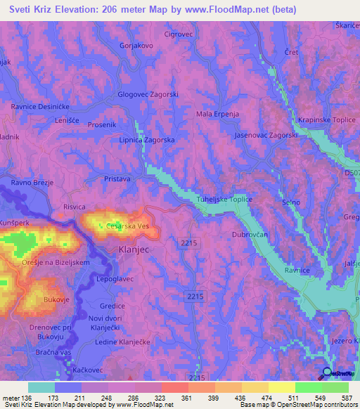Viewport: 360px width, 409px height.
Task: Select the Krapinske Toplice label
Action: point(326,120)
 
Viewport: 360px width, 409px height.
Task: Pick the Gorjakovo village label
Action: point(136,45)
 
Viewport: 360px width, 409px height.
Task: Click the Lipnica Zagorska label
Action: point(147,140)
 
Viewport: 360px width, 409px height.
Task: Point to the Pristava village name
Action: point(117,179)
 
